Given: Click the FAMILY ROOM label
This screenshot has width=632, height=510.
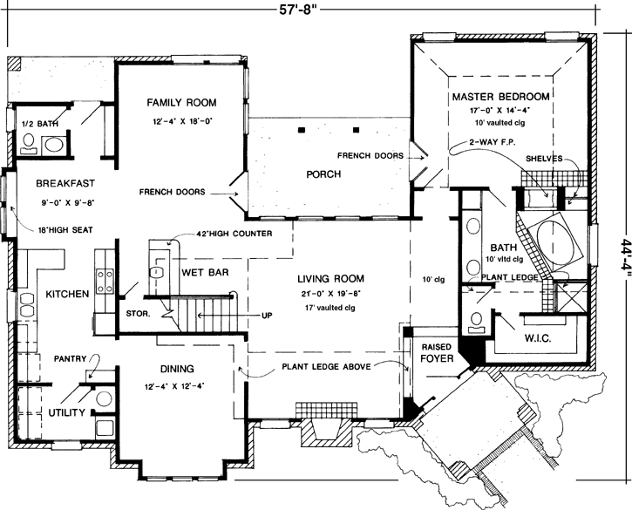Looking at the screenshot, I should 180,102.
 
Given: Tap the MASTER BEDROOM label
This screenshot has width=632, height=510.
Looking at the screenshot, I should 499,96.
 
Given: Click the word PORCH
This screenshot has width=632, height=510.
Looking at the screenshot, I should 323,174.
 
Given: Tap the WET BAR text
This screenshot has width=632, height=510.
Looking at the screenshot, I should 205,272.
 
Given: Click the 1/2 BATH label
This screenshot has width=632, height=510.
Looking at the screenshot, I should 38,125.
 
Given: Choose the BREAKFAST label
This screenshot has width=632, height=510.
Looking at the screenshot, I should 65,184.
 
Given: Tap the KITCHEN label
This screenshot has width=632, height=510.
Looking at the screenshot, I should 66,295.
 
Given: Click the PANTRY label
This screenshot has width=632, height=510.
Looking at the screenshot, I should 69,358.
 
